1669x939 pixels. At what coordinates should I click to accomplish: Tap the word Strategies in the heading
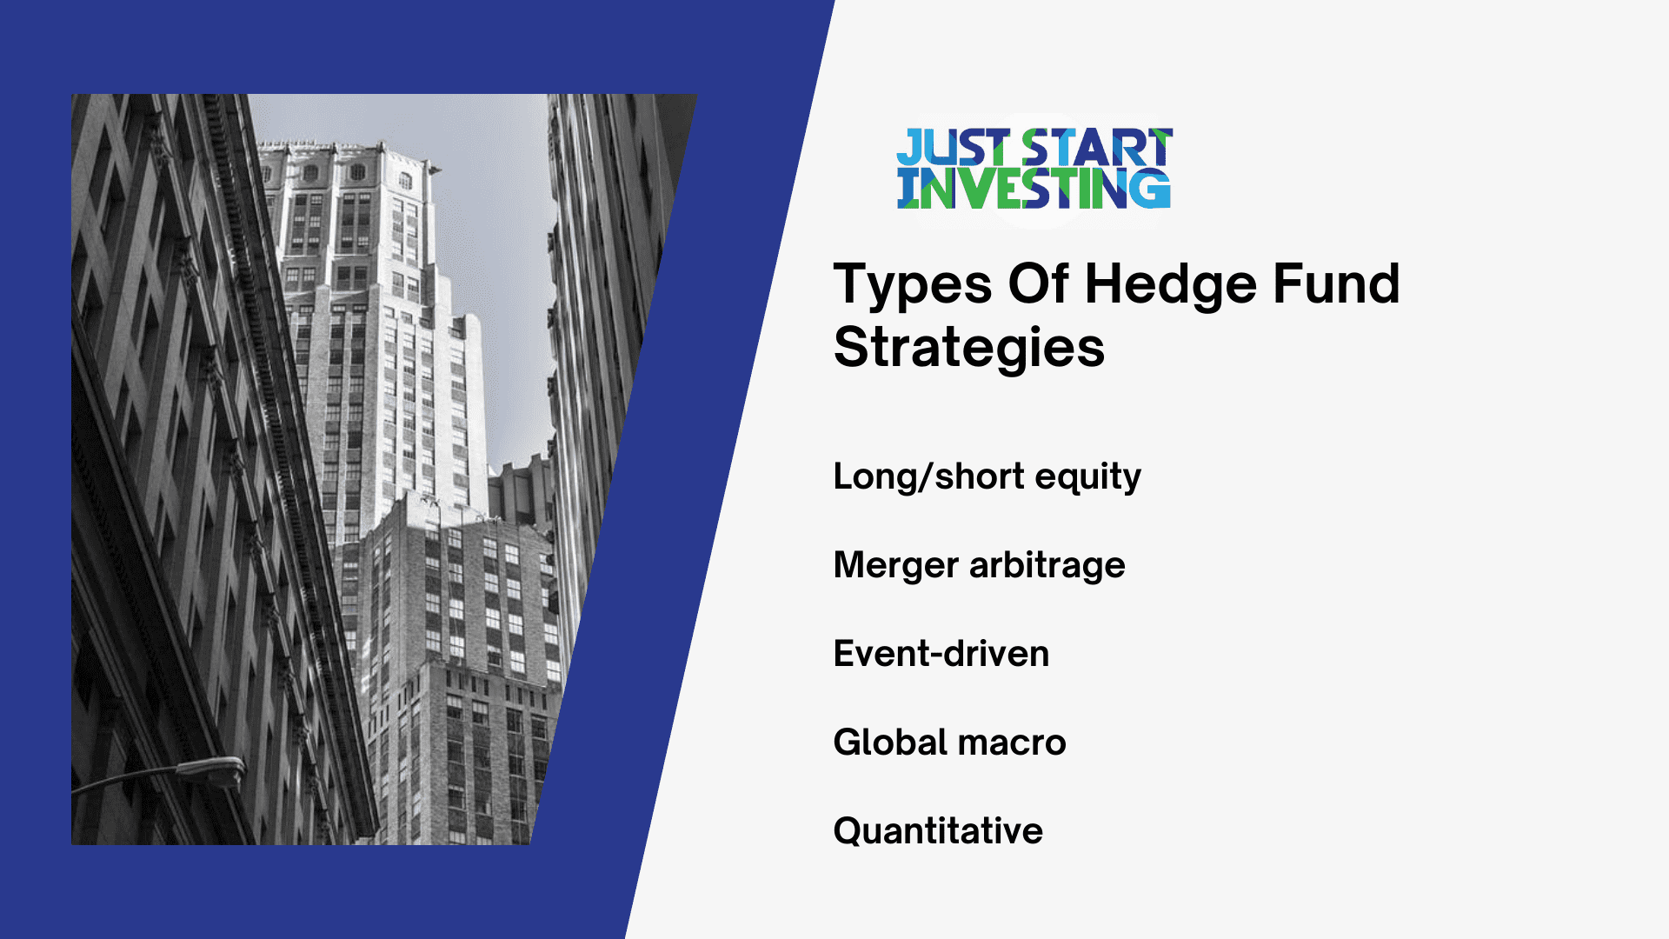point(968,348)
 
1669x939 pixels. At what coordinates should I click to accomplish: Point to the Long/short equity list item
point(987,476)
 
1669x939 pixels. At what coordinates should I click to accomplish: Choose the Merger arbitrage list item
point(979,565)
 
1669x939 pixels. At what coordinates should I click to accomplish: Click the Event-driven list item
point(941,654)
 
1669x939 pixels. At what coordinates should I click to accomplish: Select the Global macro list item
point(949,743)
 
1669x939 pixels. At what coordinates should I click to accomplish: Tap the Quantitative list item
point(937,831)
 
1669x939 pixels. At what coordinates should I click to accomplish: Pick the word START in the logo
point(1097,148)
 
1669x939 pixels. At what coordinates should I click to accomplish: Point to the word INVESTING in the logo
point(1034,189)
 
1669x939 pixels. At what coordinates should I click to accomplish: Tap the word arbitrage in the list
point(1047,565)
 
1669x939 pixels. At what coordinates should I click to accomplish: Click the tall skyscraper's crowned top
point(348,165)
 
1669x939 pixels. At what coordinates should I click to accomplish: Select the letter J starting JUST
point(909,148)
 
